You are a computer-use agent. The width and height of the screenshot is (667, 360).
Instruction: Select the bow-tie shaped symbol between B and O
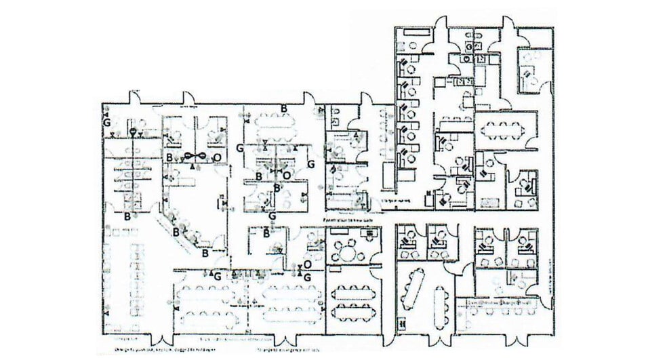[x=195, y=157]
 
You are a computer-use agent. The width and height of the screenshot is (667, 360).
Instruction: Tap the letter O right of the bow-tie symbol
[x=217, y=157]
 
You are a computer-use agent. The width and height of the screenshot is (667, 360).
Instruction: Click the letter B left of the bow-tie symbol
[x=170, y=157]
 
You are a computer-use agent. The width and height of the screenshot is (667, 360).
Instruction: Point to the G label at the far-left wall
[x=106, y=123]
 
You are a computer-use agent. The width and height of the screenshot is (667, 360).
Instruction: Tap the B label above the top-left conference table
[x=284, y=108]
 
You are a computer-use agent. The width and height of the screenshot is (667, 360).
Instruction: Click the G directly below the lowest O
[x=307, y=277]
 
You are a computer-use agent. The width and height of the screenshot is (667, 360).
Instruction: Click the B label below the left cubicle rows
[x=127, y=216]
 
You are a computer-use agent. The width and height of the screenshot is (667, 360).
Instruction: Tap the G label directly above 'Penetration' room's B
[x=272, y=216]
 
